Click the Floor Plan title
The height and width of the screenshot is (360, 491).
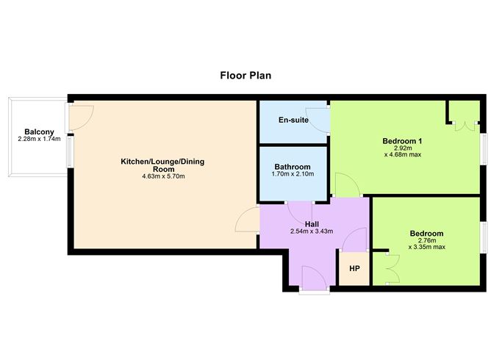point(246,75)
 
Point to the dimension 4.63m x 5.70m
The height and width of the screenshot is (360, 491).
point(159,176)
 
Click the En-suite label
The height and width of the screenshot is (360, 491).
point(293,120)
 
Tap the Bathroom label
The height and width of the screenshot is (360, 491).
point(293,167)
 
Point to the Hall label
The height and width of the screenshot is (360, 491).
point(312,223)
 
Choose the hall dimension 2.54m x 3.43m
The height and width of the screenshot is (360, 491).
point(312,231)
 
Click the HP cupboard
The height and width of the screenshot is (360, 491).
point(354,268)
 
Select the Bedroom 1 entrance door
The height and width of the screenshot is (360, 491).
point(346,185)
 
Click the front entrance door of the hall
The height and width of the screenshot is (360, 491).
point(314,278)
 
